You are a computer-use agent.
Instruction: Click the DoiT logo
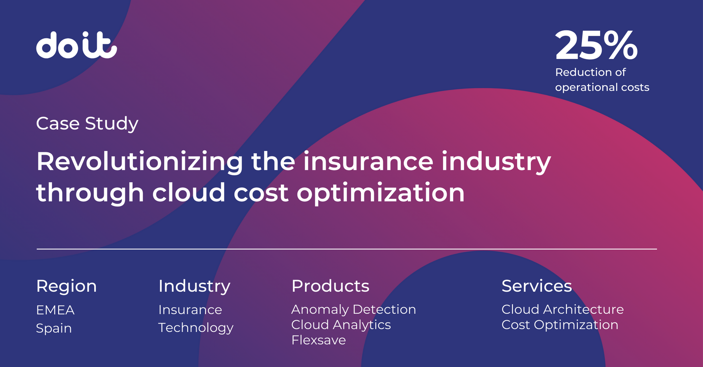[76, 45]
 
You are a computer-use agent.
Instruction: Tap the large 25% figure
[596, 45]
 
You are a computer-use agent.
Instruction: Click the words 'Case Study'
[87, 124]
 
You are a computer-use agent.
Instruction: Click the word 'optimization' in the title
[381, 193]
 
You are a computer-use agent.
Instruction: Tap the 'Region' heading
[66, 286]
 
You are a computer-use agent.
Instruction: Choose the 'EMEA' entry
[55, 310]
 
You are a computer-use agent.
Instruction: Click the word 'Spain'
[54, 328]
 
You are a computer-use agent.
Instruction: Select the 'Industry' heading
[194, 286]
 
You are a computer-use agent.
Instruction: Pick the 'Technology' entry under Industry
[196, 328]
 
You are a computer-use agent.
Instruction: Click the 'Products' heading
[330, 286]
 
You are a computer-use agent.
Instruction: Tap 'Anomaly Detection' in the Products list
[353, 310]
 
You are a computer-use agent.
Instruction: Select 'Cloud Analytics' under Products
[341, 325]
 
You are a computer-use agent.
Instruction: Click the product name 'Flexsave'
[318, 340]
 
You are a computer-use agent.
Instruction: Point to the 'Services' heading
[537, 286]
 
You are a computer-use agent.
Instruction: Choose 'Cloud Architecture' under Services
[562, 310]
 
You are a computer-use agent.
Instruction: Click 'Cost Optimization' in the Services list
[560, 325]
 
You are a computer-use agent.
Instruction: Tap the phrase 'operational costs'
[602, 87]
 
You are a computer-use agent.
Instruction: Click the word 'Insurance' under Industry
[190, 310]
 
